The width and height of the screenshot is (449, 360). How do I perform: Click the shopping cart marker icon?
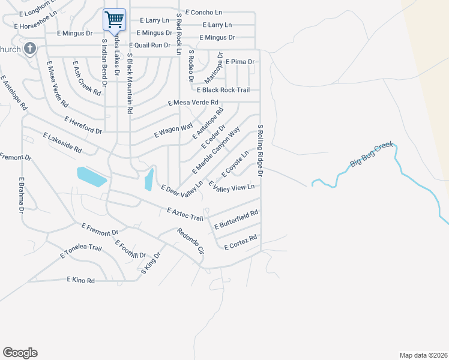pyautogui.click(x=115, y=19)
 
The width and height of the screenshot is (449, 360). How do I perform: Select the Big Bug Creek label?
pyautogui.click(x=372, y=155)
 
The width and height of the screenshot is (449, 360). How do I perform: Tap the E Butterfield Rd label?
pyautogui.click(x=237, y=220)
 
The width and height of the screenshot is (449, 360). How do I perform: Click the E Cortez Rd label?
pyautogui.click(x=241, y=242)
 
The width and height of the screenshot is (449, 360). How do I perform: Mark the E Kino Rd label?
pyautogui.click(x=81, y=280)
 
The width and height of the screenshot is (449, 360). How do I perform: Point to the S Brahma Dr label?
pyautogui.click(x=21, y=195)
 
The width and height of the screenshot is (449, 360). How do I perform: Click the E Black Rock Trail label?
pyautogui.click(x=227, y=90)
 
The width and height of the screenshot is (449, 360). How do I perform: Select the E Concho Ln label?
pyautogui.click(x=204, y=12)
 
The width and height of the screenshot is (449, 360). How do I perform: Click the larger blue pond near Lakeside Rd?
pyautogui.click(x=92, y=176)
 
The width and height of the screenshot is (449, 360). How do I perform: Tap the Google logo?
pyautogui.click(x=20, y=353)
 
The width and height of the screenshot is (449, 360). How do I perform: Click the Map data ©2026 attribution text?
pyautogui.click(x=423, y=355)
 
